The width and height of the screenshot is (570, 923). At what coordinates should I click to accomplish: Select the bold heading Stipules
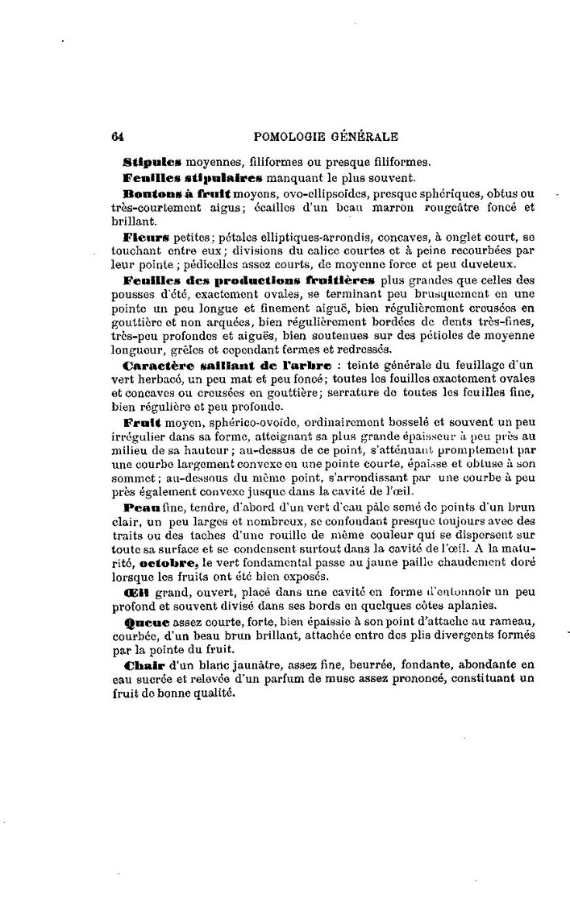pos(153,159)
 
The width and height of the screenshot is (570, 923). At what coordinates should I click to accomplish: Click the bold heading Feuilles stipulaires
pos(178,176)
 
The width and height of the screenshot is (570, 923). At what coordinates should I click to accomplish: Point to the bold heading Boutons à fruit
pos(177,194)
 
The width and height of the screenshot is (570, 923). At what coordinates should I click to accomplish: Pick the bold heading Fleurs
pos(145,238)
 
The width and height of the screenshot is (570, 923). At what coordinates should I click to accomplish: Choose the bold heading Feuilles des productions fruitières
pos(250,280)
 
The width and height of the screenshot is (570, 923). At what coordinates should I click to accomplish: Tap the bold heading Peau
pos(140,508)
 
